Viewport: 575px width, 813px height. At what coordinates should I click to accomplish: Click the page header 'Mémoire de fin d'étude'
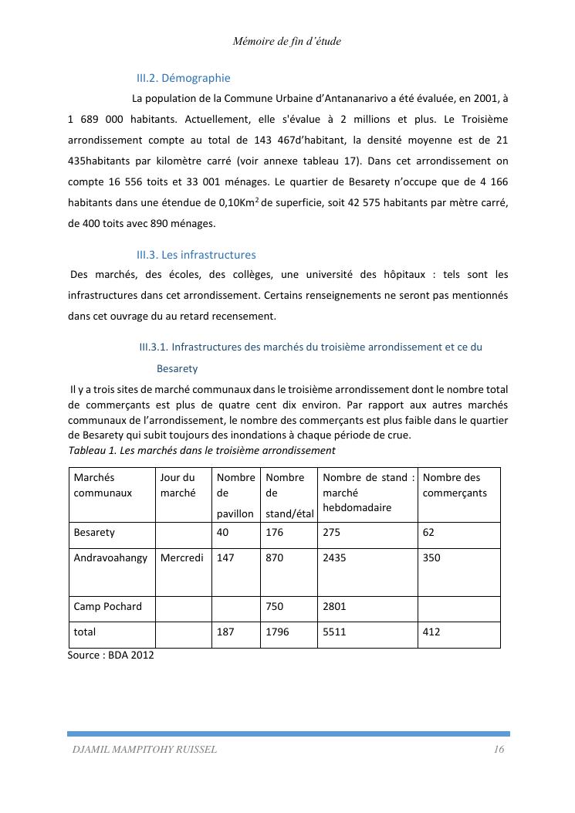286,42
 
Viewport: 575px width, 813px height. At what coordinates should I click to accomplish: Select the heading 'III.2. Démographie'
183,78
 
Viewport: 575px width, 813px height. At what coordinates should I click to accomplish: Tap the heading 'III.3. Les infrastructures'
196,255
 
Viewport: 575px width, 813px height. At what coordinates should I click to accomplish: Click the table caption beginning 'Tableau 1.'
201,450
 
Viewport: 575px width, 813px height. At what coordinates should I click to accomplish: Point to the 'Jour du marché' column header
178,485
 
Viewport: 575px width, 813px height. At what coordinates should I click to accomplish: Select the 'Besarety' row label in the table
94,533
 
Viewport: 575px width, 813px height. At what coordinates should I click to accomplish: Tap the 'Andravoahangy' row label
110,558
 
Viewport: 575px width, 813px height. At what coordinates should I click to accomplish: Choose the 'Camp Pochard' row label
107,607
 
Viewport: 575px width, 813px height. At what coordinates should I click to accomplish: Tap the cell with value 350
431,558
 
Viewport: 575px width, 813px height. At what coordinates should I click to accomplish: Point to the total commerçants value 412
431,632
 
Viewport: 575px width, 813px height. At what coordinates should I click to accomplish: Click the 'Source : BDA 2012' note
111,655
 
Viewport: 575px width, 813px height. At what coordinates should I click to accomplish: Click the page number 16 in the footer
499,750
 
